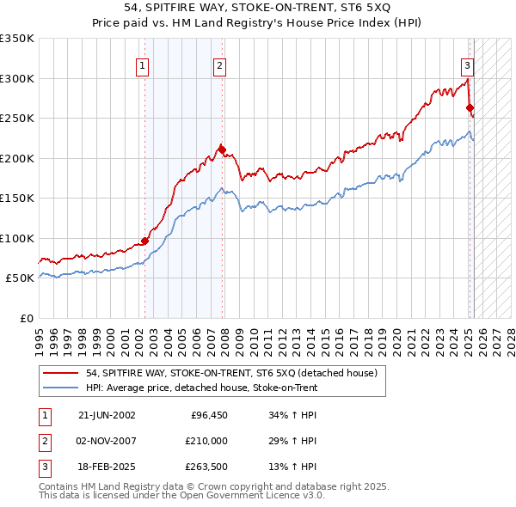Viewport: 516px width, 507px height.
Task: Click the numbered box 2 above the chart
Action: [x=219, y=64]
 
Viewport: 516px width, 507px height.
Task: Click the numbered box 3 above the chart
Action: [x=467, y=64]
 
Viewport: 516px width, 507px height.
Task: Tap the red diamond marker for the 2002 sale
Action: [x=144, y=241]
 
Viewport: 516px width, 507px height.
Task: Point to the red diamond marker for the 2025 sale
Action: [x=470, y=107]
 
